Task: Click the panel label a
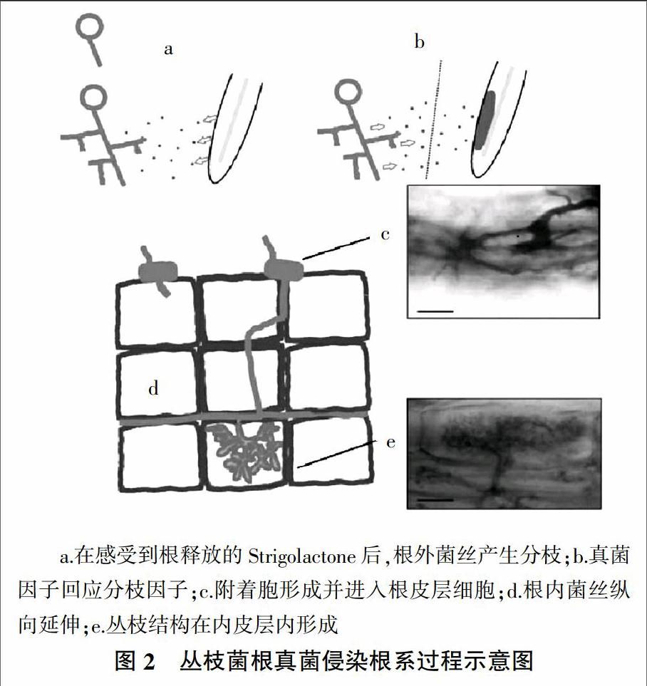click(169, 49)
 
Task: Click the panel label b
click(419, 43)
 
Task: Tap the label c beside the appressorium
click(385, 235)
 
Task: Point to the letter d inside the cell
click(153, 388)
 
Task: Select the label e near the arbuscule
click(391, 443)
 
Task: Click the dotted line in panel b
click(433, 119)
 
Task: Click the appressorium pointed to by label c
click(284, 269)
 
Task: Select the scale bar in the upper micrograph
click(435, 311)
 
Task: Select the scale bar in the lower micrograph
click(435, 499)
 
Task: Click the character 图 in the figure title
click(125, 661)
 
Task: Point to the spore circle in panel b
click(348, 93)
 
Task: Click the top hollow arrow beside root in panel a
click(211, 119)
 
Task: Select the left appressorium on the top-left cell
click(158, 271)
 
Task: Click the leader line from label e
click(336, 454)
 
